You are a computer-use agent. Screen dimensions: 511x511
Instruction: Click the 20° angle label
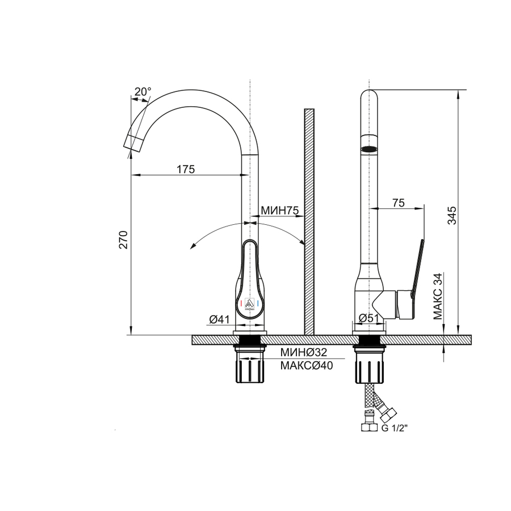click(x=143, y=91)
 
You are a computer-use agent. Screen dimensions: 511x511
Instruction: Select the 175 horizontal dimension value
click(x=186, y=169)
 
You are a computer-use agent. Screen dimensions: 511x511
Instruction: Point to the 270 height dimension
click(x=123, y=240)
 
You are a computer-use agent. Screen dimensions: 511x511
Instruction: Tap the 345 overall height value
click(x=452, y=215)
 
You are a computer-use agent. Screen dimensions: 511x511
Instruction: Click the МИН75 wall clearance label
click(x=279, y=211)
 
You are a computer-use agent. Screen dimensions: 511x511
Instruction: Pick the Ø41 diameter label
click(x=219, y=319)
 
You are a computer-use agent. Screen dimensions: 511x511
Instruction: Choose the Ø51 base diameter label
click(x=369, y=318)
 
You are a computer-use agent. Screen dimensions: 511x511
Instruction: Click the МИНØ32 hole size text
click(x=304, y=352)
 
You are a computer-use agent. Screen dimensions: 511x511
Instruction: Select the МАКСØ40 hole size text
click(x=307, y=366)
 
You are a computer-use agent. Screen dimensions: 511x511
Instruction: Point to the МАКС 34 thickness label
click(x=438, y=296)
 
